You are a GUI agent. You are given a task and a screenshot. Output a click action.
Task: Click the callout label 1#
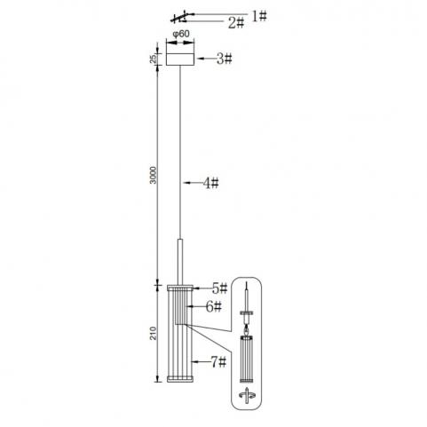(259, 16)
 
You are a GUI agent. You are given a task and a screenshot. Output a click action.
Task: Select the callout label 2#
(236, 23)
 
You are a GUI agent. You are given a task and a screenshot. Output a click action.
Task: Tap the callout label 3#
(225, 59)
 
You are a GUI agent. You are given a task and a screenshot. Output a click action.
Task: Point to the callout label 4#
(210, 183)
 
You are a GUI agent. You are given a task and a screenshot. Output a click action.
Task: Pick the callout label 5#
(219, 288)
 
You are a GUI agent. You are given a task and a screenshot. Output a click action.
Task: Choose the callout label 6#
(214, 307)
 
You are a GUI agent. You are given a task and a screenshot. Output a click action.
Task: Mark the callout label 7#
(218, 361)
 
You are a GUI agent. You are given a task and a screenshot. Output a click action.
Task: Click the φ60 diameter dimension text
(181, 34)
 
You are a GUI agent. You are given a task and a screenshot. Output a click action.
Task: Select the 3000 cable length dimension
(153, 175)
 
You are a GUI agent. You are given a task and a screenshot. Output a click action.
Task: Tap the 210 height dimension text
(153, 333)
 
